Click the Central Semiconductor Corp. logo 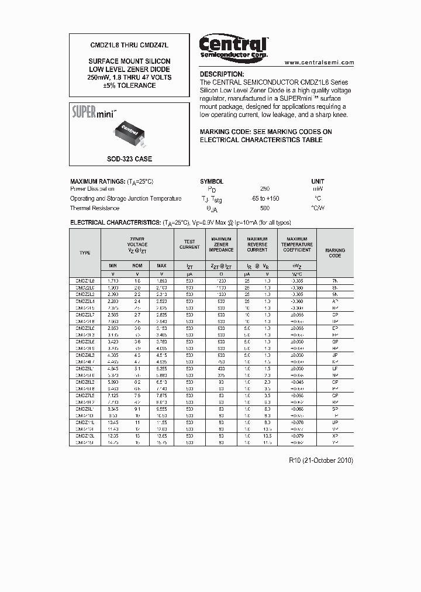[x=233, y=46]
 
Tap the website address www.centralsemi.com [x=319, y=62]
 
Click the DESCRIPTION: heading [x=222, y=74]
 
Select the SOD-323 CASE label [x=129, y=159]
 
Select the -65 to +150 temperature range [x=264, y=199]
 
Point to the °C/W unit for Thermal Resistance [x=318, y=208]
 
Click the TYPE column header [x=85, y=253]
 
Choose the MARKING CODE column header [x=335, y=253]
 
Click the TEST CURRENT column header [x=189, y=244]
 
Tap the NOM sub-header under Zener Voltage [x=137, y=266]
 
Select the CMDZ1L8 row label [x=85, y=281]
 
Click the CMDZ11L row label [x=85, y=421]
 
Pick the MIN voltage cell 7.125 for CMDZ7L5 [x=113, y=395]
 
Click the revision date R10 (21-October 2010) [x=321, y=460]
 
